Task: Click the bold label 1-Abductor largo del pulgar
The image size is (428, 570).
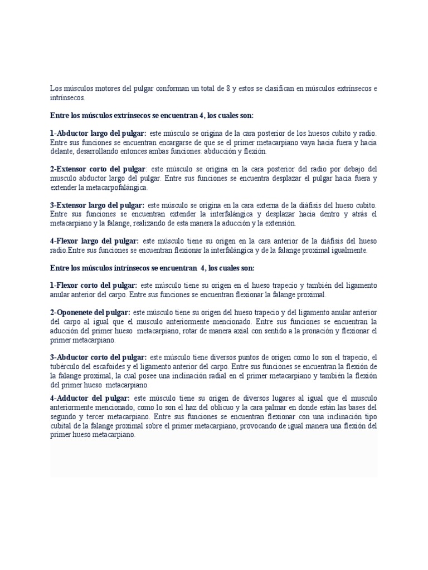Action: [98, 134]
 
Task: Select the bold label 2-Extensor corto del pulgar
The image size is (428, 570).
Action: [98, 169]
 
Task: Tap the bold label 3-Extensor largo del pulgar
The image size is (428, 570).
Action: [97, 205]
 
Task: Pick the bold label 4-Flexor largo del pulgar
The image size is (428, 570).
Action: [94, 241]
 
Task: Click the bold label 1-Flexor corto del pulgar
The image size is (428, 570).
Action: [93, 285]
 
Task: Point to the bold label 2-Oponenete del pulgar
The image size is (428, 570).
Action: [90, 312]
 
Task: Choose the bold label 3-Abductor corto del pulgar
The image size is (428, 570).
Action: [98, 357]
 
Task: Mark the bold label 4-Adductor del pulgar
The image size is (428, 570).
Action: [90, 398]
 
